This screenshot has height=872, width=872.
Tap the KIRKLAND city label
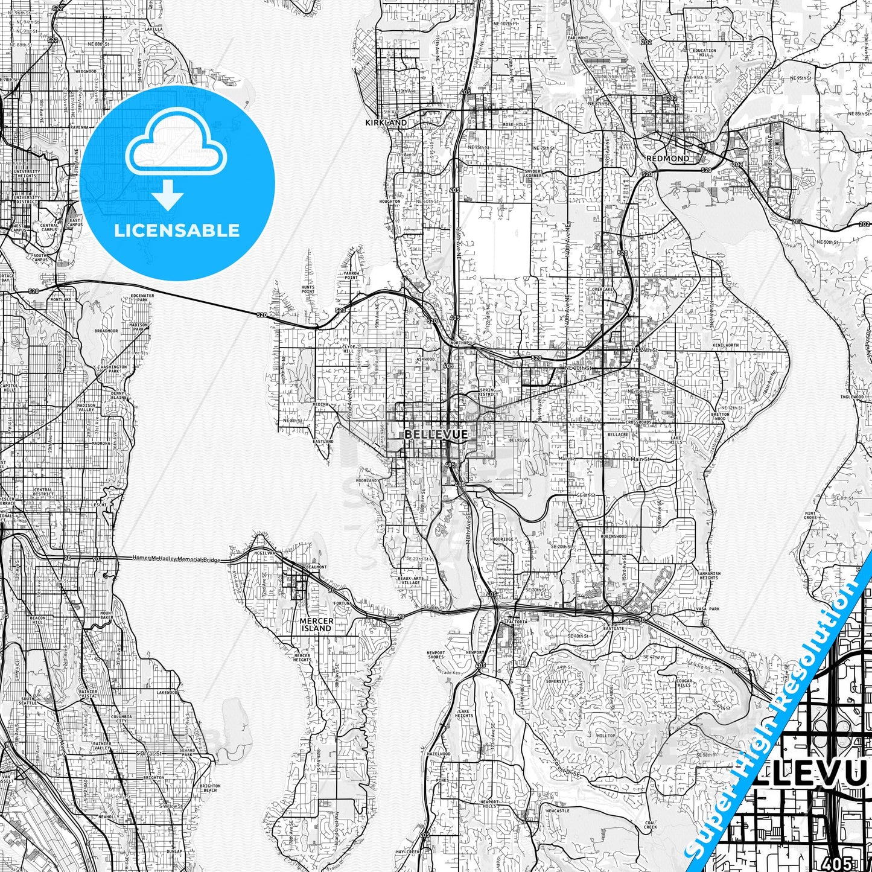pyautogui.click(x=386, y=123)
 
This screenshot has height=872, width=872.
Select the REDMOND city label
pyautogui.click(x=667, y=158)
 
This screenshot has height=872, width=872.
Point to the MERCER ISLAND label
pyautogui.click(x=316, y=625)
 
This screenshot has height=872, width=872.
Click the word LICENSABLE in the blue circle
pyautogui.click(x=177, y=230)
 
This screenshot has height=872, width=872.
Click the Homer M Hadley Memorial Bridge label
pyautogui.click(x=177, y=559)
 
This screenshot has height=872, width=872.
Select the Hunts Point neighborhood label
pyautogui.click(x=308, y=290)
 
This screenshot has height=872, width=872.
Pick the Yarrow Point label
pyautogui.click(x=351, y=275)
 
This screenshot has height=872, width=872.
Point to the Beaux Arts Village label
pyautogui.click(x=409, y=581)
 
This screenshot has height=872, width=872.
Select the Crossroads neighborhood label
pyautogui.click(x=639, y=422)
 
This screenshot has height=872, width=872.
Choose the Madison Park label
pyautogui.click(x=138, y=326)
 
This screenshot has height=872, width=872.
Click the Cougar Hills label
pyautogui.click(x=684, y=683)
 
